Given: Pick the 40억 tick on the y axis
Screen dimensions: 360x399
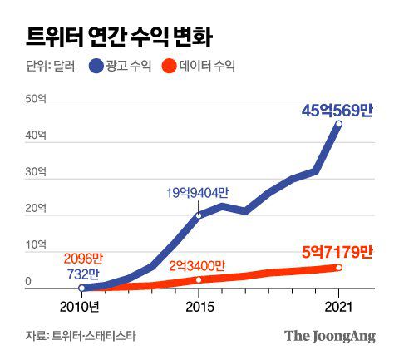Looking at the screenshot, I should [36, 136].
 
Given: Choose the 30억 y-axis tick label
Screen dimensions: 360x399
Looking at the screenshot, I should [36, 173].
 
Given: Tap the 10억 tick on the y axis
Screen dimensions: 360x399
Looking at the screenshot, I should [36, 245].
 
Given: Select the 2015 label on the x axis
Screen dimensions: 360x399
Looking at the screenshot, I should [199, 305].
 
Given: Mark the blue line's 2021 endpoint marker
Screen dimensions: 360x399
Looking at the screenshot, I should [338, 124].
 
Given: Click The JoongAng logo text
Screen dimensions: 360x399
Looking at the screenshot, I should [330, 336].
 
